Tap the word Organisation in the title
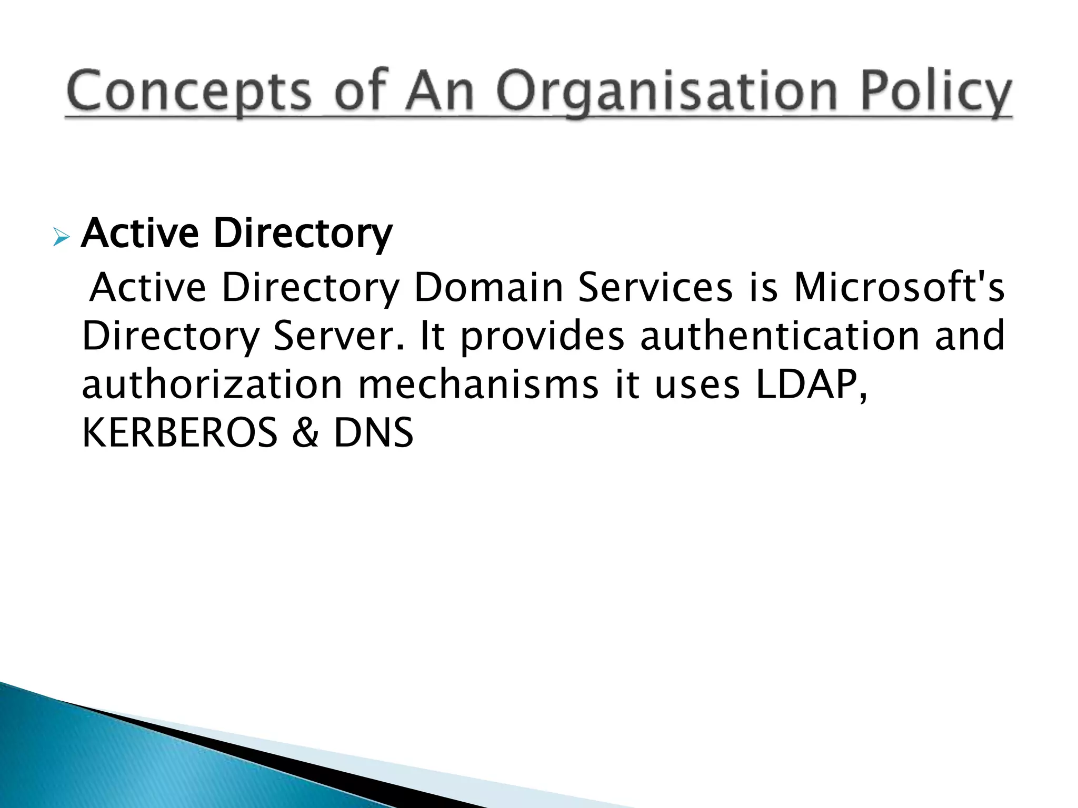pos(666,92)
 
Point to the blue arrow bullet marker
pos(61,238)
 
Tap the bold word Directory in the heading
pos(303,234)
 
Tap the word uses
pos(697,385)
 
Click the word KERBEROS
pos(179,432)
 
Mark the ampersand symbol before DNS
pos(306,432)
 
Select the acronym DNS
pos(374,432)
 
